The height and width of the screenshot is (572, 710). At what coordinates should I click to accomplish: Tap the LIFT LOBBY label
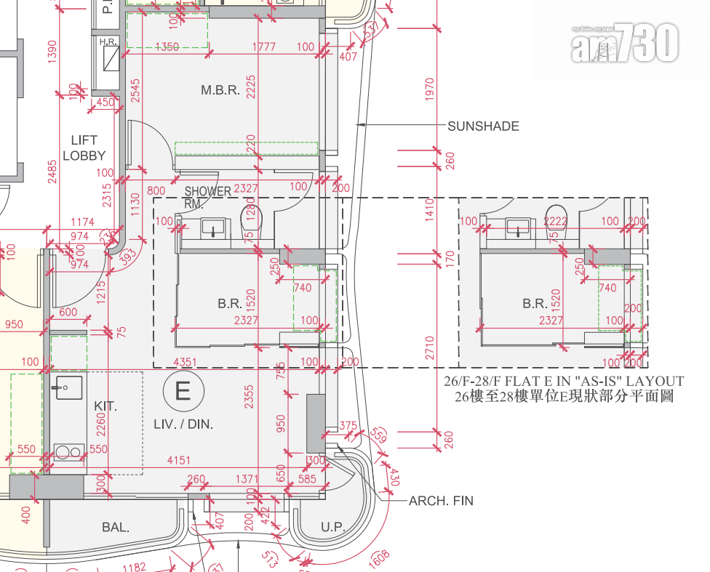click(x=84, y=148)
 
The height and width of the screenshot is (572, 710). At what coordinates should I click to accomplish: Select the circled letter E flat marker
click(x=183, y=392)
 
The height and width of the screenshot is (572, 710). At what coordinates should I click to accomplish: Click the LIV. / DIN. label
click(x=183, y=424)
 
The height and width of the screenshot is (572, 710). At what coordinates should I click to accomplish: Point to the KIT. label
click(x=105, y=406)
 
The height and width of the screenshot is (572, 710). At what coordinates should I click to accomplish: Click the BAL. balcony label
click(x=115, y=528)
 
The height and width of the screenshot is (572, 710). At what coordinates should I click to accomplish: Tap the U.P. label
click(x=332, y=528)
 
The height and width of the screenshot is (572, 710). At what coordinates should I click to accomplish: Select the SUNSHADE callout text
click(x=483, y=126)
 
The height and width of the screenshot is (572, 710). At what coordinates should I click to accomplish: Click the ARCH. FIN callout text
click(x=442, y=501)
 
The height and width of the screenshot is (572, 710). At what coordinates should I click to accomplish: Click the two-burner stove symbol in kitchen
click(x=68, y=453)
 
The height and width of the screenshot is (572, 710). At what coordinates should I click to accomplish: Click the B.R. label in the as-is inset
click(x=535, y=304)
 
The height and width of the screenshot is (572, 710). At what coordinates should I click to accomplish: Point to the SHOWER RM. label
click(x=207, y=197)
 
